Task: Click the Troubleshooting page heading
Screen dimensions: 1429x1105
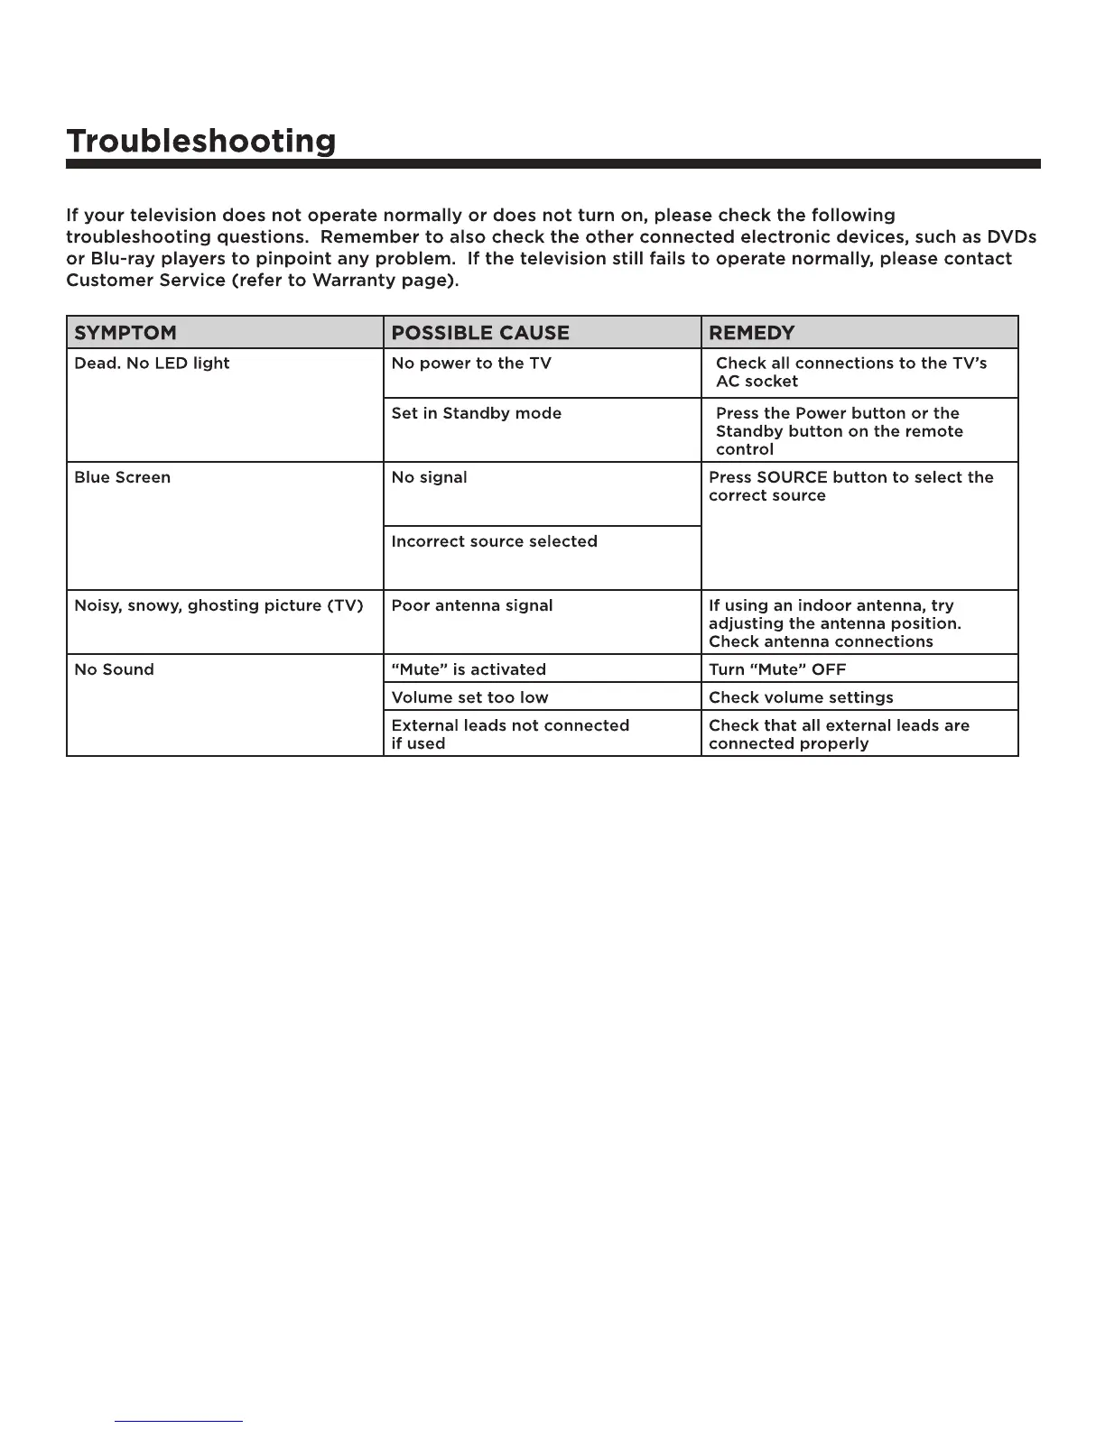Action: click(200, 142)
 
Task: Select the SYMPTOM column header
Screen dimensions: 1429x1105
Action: click(125, 333)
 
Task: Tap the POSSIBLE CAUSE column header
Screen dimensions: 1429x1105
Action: click(480, 333)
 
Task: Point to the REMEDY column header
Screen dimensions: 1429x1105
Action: click(752, 333)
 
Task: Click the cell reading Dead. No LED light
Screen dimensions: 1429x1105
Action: click(152, 364)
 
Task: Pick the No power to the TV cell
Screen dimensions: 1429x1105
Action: click(471, 364)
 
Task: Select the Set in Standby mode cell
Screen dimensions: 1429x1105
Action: click(477, 413)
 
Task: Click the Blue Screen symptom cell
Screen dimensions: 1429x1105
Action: click(122, 477)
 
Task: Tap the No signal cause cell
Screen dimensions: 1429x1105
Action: click(430, 477)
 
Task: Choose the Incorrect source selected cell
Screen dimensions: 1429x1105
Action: click(495, 541)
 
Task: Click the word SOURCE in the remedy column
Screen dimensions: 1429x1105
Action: click(793, 477)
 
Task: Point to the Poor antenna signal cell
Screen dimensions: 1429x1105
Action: click(472, 605)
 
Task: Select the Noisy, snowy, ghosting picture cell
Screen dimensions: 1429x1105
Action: click(218, 605)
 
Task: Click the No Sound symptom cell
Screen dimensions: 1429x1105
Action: click(114, 669)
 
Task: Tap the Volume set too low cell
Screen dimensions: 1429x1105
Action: click(469, 697)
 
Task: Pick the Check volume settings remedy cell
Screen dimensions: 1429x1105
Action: click(801, 697)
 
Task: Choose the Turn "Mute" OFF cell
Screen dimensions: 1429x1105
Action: click(777, 669)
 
